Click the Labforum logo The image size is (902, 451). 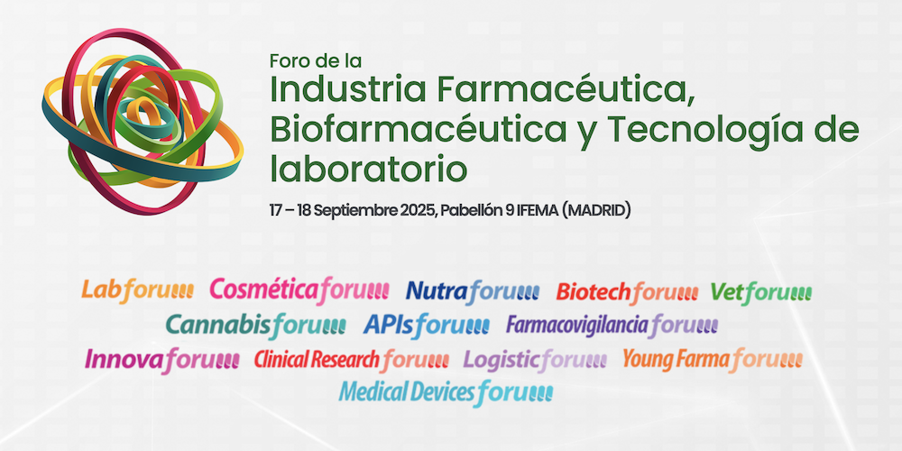click(x=138, y=290)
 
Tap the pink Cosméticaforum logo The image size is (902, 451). click(x=299, y=290)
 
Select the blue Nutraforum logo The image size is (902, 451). click(x=473, y=290)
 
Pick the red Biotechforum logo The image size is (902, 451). click(x=627, y=291)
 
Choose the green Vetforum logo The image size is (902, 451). click(x=761, y=291)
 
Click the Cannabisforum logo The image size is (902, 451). click(x=255, y=324)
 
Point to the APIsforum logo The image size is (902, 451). click(x=427, y=324)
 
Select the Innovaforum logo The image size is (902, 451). click(x=162, y=360)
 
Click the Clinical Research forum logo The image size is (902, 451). click(x=351, y=360)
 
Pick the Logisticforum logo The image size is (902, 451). click(x=535, y=360)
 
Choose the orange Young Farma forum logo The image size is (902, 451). click(x=712, y=360)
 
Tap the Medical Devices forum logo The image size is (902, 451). click(x=446, y=392)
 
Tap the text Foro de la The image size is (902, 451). click(x=315, y=61)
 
